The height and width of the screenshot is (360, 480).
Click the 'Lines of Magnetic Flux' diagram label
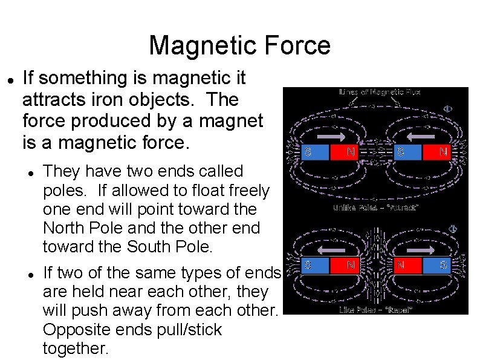378,92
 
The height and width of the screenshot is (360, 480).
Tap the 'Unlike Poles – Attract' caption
375,208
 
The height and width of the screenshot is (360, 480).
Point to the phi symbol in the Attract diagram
448,109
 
